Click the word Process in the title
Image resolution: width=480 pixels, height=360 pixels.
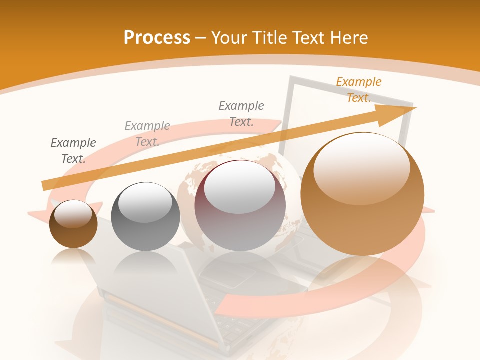click(157, 37)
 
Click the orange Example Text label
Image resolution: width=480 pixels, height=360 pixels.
click(358, 90)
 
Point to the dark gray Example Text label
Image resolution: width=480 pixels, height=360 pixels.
click(73, 151)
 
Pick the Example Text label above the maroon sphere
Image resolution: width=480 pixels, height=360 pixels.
click(241, 113)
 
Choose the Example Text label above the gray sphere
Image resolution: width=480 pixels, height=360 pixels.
click(147, 134)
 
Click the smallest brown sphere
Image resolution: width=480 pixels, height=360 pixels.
click(73, 224)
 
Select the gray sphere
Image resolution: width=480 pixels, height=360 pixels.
click(145, 216)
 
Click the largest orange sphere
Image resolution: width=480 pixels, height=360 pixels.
click(362, 194)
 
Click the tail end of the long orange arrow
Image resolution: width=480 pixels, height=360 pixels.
click(44, 186)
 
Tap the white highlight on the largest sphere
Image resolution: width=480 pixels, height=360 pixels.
click(362, 169)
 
